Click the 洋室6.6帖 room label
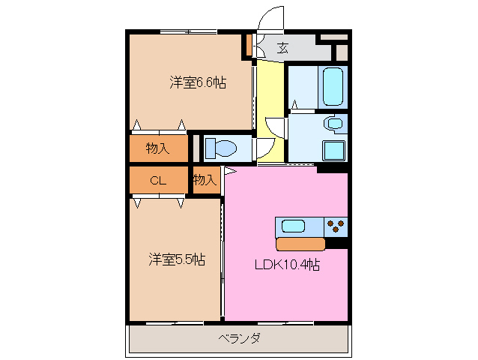coord(197,82)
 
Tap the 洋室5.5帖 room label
coord(176,259)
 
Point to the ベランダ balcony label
coord(240,338)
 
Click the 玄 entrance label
coord(282,49)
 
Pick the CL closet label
coord(157,180)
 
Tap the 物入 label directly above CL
coord(157,148)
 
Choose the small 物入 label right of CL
coord(205,180)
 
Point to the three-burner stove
coord(336,225)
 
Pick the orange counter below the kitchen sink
coord(300,244)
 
